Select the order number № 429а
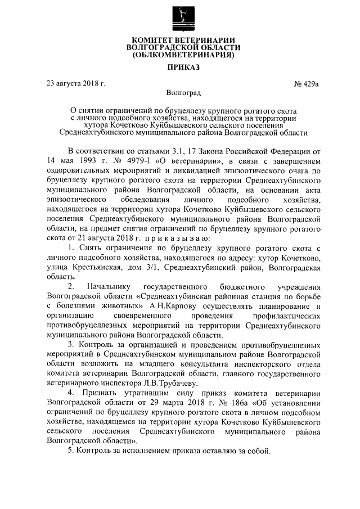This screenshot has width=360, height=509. point(306,84)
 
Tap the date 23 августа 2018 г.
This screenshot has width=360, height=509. point(76,84)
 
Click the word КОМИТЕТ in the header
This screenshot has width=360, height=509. point(152,39)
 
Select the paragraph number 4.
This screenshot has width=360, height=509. point(70,393)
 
